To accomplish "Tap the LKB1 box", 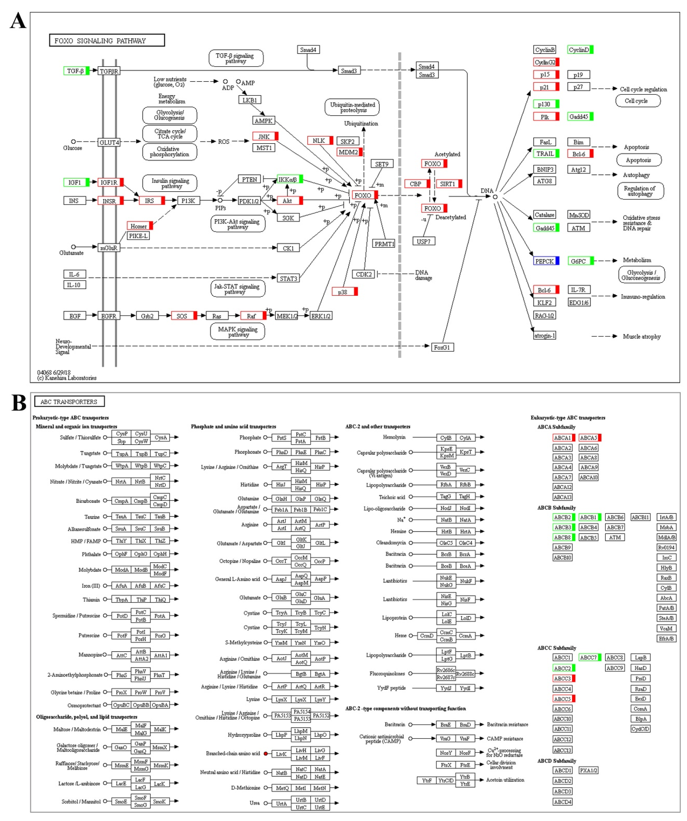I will click(x=249, y=100).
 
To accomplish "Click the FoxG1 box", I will click(x=442, y=347).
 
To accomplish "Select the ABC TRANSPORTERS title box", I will click(x=69, y=402).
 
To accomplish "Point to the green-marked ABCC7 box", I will click(x=589, y=657).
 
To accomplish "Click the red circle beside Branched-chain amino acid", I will click(x=266, y=753).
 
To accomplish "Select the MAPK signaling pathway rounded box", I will click(x=238, y=332).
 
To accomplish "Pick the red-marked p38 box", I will click(x=344, y=292).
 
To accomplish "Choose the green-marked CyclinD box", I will click(x=580, y=50).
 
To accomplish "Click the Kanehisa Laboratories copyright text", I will click(x=67, y=378).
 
